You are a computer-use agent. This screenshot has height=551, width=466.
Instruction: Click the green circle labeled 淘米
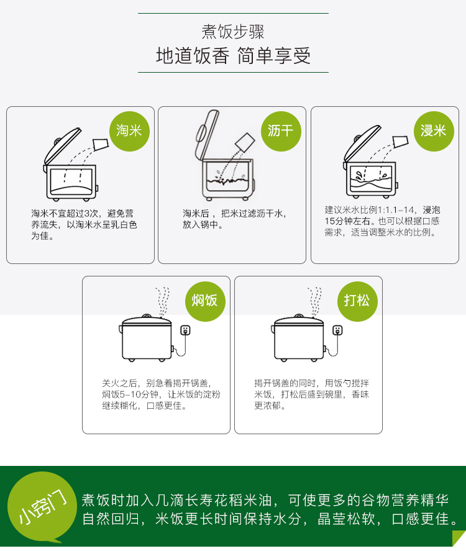click(129, 131)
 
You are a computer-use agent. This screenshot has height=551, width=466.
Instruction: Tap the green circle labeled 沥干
click(281, 131)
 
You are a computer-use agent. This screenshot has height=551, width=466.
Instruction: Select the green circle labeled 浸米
click(434, 131)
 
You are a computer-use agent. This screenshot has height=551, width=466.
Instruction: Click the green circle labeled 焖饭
click(205, 301)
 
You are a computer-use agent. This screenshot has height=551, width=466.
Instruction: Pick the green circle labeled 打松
click(357, 301)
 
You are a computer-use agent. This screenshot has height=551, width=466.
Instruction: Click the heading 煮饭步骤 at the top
click(233, 32)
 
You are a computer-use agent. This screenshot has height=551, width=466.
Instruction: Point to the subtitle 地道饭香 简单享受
click(234, 56)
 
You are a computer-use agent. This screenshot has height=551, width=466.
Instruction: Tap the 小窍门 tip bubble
click(42, 507)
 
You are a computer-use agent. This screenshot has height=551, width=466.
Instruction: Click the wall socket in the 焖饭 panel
click(185, 330)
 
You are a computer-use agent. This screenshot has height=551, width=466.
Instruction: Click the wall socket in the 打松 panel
click(337, 330)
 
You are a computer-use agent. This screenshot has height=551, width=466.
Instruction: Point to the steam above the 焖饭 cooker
click(163, 302)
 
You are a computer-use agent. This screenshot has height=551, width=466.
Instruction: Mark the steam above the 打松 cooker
click(315, 302)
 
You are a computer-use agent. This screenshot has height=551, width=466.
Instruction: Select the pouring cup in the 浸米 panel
click(400, 142)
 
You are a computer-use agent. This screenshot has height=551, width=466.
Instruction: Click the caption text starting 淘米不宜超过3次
click(84, 224)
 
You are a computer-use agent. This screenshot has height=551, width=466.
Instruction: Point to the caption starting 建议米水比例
click(382, 221)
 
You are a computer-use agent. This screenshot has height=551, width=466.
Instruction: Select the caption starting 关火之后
click(161, 394)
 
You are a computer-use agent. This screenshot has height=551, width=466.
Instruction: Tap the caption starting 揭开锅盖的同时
click(312, 394)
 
